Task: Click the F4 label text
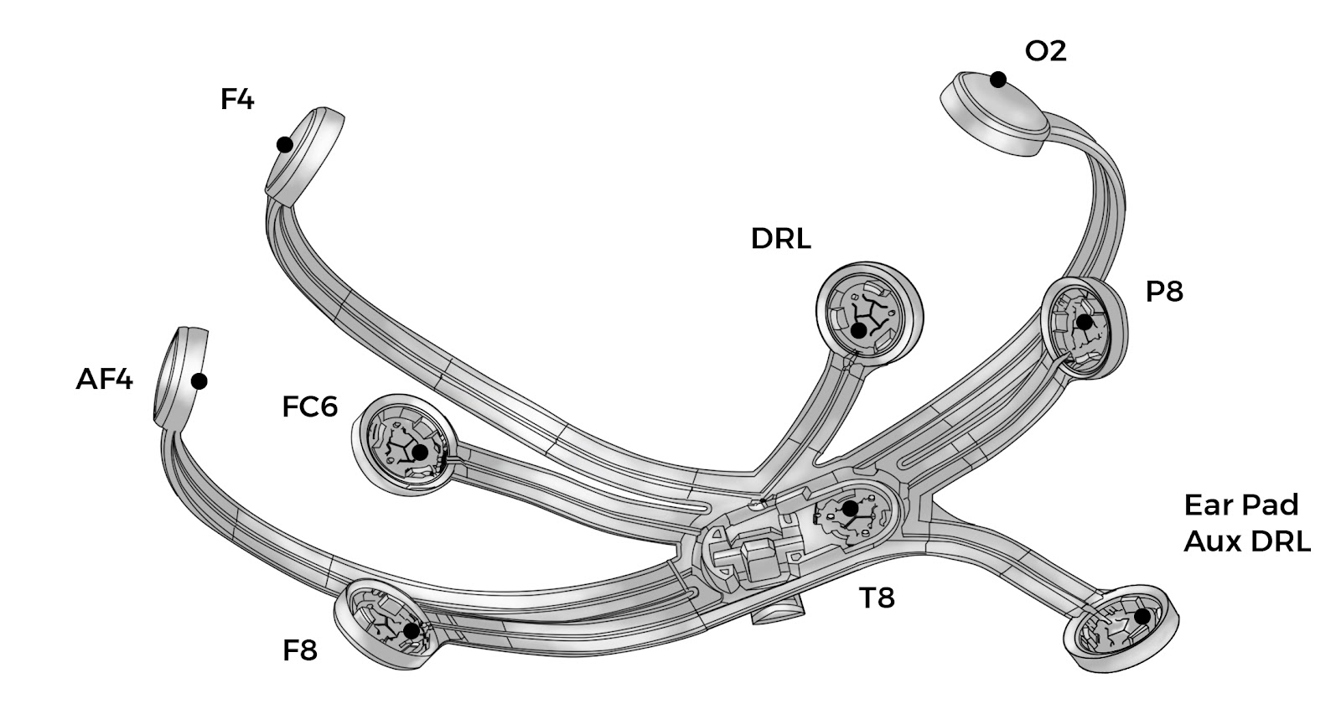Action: point(237,100)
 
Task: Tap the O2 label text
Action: point(1045,51)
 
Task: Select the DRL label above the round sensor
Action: point(780,239)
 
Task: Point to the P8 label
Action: point(1164,292)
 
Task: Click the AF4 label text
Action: point(104,380)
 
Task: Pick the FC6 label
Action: point(309,407)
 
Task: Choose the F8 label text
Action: point(299,650)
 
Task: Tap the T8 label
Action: point(877,598)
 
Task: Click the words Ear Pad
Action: point(1241,505)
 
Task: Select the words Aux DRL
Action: point(1247,541)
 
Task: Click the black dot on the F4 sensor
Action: point(285,145)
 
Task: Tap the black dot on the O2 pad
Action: point(998,80)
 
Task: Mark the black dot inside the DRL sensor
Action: point(858,330)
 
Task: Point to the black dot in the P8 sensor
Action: point(1085,323)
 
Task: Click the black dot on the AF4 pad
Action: point(199,381)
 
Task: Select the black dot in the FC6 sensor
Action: point(420,453)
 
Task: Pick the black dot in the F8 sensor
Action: point(412,631)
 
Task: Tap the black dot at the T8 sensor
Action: point(850,509)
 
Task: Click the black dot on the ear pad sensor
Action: point(1142,616)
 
